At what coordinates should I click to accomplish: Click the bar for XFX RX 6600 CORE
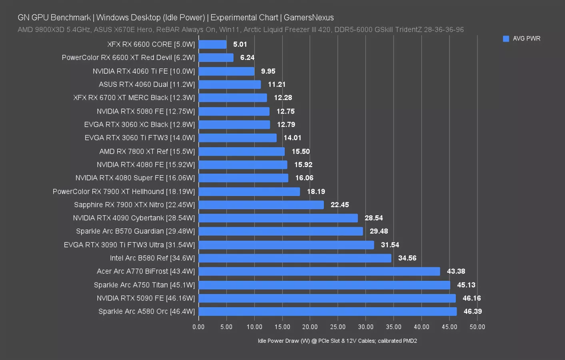point(212,44)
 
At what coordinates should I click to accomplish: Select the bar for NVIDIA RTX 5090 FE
point(327,298)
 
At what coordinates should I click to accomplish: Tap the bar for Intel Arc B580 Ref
point(295,258)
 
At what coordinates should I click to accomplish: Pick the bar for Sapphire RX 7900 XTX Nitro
point(261,205)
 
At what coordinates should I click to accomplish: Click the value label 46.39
point(472,312)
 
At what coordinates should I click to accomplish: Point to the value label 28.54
point(373,218)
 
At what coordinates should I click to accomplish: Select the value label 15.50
point(300,151)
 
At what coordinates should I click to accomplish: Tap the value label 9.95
point(268,71)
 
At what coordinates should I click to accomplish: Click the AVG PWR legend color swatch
point(506,39)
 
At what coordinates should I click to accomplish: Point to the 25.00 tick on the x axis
point(337,327)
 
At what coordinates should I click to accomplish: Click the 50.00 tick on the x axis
point(477,327)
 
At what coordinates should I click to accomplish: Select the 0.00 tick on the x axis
point(198,327)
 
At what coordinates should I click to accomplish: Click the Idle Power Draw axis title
point(337,341)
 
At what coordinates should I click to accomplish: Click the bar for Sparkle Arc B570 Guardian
point(280,231)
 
